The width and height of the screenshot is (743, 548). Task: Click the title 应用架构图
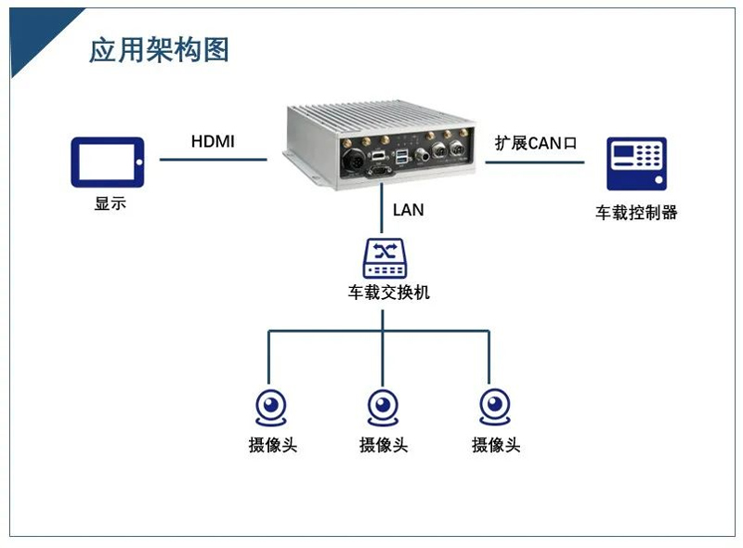click(159, 49)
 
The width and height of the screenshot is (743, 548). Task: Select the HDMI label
click(213, 142)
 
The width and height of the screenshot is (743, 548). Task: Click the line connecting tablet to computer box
click(214, 159)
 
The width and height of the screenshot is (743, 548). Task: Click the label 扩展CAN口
click(536, 143)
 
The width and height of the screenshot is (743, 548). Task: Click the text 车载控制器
click(636, 213)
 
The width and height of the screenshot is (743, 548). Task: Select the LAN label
click(408, 210)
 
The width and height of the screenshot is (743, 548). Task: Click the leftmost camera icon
click(271, 407)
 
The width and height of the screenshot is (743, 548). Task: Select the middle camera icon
click(384, 407)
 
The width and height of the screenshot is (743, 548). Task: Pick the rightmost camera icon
click(495, 407)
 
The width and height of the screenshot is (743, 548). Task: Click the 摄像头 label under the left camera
click(272, 445)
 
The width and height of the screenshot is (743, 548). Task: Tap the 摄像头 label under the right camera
click(495, 445)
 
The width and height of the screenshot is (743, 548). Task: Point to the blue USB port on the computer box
click(403, 153)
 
